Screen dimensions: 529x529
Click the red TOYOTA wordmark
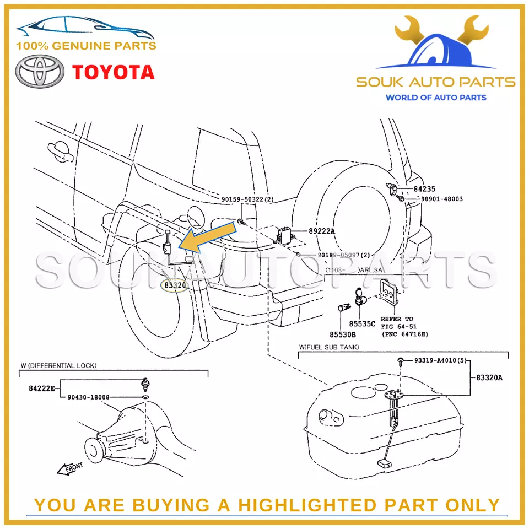coord(114,72)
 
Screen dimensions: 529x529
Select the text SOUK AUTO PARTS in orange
coord(435,83)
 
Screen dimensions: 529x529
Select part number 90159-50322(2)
coord(247,199)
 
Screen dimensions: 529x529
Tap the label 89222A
coord(321,231)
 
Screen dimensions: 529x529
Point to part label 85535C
coord(361,323)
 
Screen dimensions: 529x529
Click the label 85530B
coord(343,334)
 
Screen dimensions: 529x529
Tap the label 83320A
coord(489,378)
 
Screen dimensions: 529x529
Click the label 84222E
coord(42,388)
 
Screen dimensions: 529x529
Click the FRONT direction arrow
coord(70,468)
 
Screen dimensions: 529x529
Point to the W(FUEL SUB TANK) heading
coord(329,347)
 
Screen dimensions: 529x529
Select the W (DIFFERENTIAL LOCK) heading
coord(58,365)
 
